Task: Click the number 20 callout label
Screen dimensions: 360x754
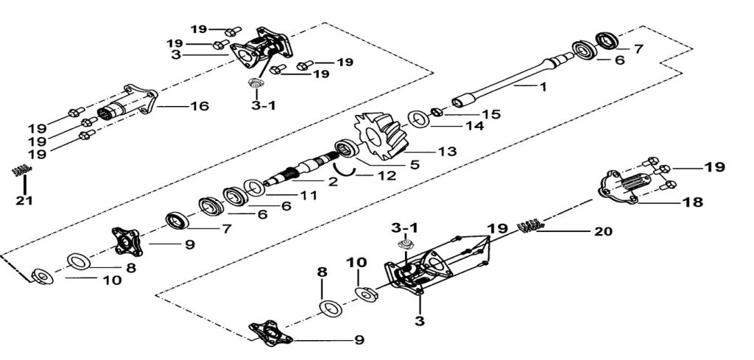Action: click(602, 230)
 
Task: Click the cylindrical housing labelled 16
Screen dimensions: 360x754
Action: click(128, 107)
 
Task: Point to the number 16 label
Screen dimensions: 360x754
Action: click(200, 106)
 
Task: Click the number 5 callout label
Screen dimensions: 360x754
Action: click(415, 165)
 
